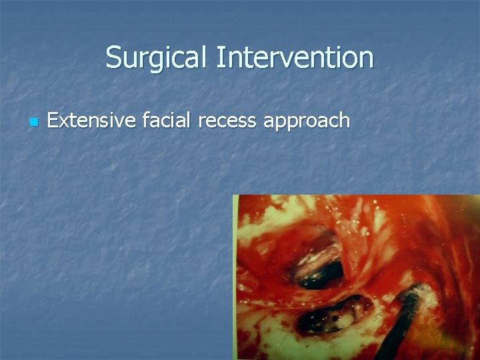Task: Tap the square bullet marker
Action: pos(33,123)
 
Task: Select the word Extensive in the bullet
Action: pos(91,121)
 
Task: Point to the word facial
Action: pos(164,121)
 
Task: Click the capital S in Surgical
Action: pos(113,57)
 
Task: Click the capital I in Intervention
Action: pos(218,57)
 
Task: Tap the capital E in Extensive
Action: pos(53,121)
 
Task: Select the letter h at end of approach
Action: pos(344,121)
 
